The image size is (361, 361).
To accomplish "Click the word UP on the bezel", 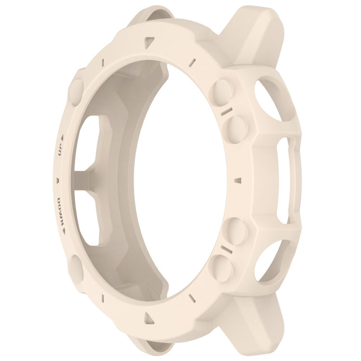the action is coord(61,151).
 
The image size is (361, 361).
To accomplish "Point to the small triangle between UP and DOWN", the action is coord(58,180).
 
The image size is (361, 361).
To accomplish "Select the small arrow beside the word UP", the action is coord(62,139).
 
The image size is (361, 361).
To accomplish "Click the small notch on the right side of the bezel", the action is coord(238,180).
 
